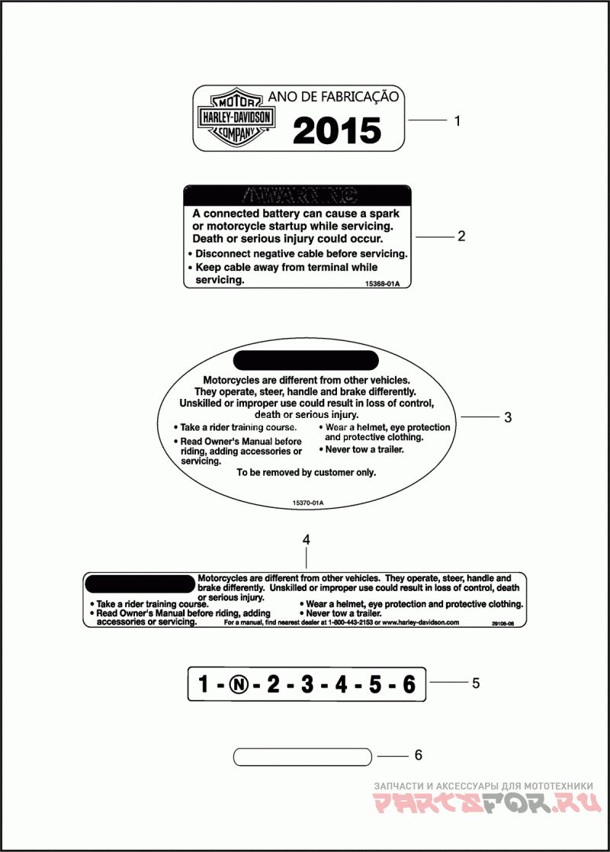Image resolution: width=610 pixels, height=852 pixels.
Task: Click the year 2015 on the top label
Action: pyautogui.click(x=336, y=130)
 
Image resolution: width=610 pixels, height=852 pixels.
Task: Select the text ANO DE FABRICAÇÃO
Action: pyautogui.click(x=332, y=97)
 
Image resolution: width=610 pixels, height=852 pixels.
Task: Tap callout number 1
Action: pyautogui.click(x=457, y=121)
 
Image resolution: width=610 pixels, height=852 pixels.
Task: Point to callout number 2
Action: pyautogui.click(x=461, y=236)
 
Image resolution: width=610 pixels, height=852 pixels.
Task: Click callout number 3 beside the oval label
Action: pyautogui.click(x=507, y=417)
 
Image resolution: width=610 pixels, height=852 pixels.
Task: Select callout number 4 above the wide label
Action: pyautogui.click(x=306, y=539)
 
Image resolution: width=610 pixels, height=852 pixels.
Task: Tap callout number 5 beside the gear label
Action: pyautogui.click(x=476, y=683)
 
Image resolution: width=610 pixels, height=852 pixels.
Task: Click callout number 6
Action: pyautogui.click(x=418, y=755)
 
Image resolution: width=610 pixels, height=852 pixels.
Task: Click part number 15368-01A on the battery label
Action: pyautogui.click(x=382, y=284)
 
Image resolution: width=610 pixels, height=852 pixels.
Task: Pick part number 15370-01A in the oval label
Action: pyautogui.click(x=308, y=503)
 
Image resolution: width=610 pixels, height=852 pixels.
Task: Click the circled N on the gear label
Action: pyautogui.click(x=239, y=684)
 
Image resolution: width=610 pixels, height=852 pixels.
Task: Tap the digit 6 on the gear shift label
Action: pyautogui.click(x=409, y=684)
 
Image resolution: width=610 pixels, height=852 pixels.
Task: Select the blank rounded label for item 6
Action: pyautogui.click(x=303, y=757)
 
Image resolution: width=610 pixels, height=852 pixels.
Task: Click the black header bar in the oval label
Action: pyautogui.click(x=306, y=360)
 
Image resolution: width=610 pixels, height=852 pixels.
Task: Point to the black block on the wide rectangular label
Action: pyautogui.click(x=141, y=584)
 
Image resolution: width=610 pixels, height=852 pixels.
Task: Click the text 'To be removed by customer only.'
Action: pyautogui.click(x=306, y=472)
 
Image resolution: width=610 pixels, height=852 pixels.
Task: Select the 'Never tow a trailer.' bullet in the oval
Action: pyautogui.click(x=364, y=449)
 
